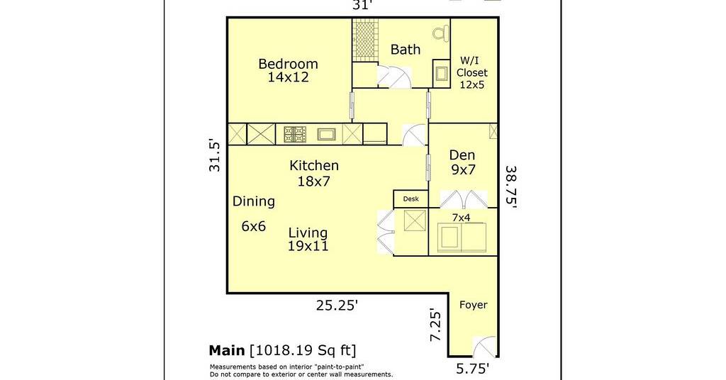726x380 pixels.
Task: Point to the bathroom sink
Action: [441, 74]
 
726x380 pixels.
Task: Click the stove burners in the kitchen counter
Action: [294, 134]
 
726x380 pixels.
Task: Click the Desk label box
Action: [411, 199]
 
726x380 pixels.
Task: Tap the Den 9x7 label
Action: [462, 162]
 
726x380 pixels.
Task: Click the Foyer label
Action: [473, 305]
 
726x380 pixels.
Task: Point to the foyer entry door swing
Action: [484, 347]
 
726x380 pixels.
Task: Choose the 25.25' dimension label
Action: [337, 305]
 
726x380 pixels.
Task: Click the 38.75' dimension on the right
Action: [510, 187]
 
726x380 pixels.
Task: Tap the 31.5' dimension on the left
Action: [215, 155]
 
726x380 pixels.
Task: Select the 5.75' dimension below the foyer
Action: [473, 369]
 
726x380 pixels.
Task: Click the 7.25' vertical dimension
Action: [436, 325]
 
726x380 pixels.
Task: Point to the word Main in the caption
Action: [227, 350]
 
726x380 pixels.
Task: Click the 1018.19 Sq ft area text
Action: [303, 350]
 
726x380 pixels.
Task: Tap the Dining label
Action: [254, 201]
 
